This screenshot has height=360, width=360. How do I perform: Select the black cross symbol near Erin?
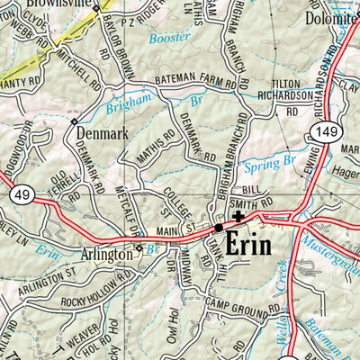pos(238,216)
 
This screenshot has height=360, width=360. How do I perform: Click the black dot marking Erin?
pos(219,229)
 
